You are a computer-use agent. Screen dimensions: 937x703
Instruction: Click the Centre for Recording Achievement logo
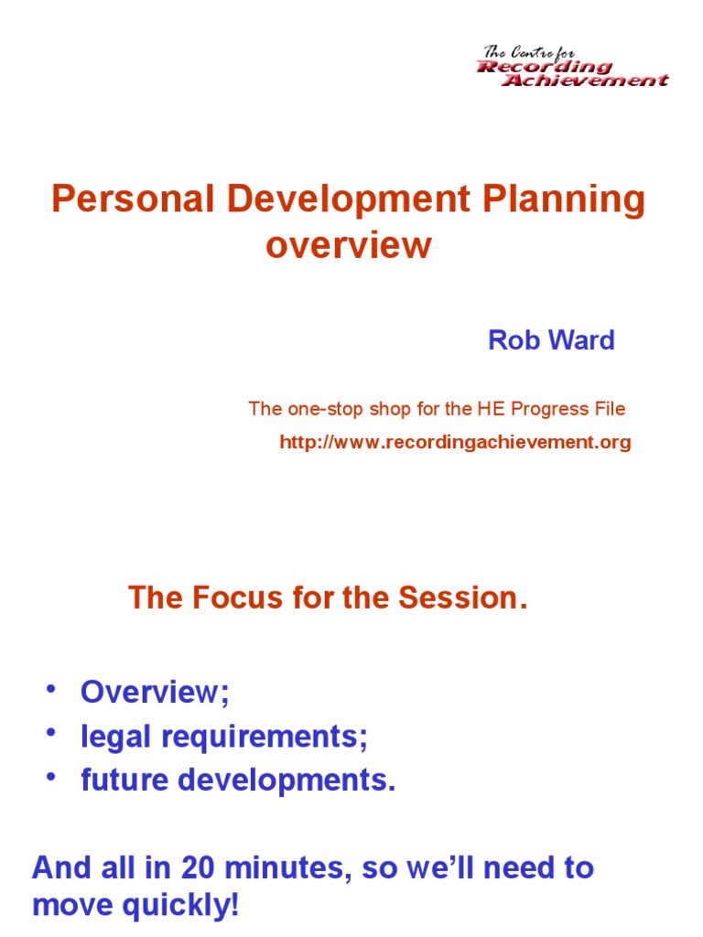572,67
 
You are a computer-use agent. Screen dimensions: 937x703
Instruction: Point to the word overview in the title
348,245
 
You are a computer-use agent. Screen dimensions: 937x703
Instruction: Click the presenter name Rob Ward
551,340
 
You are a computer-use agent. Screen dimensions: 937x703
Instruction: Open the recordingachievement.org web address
455,443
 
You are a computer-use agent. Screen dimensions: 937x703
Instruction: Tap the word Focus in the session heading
238,598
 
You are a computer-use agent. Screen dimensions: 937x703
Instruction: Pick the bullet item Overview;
155,691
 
